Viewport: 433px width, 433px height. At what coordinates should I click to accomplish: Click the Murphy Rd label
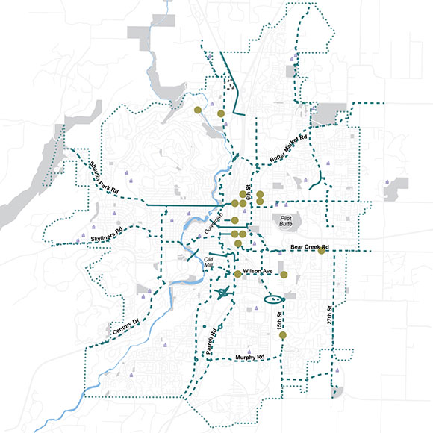(250, 358)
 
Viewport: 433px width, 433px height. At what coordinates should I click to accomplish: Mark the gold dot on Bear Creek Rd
(321, 251)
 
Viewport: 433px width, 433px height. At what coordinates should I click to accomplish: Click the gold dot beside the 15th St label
(283, 336)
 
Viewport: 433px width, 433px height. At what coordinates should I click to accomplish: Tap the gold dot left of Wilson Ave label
(238, 274)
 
